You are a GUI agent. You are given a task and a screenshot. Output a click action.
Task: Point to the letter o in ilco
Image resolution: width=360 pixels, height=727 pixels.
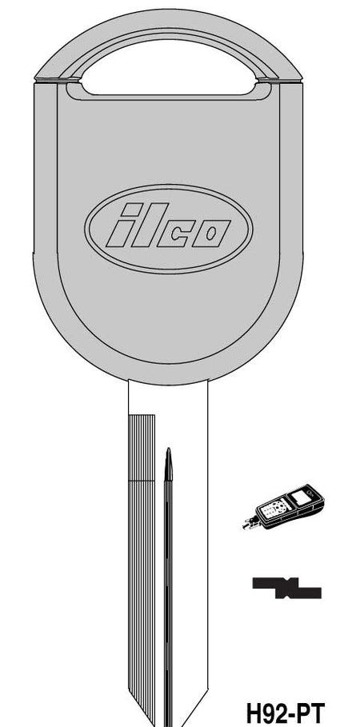coord(211,234)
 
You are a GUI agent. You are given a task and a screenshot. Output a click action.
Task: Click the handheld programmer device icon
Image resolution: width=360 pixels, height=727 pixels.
coord(283,507)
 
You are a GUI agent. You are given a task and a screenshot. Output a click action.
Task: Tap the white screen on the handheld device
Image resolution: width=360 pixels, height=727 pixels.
coord(300,499)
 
